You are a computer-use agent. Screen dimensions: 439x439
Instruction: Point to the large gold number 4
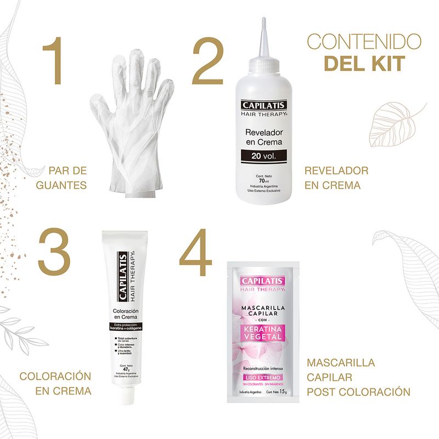(196, 254)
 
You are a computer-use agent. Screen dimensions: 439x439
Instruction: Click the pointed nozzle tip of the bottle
(264, 22)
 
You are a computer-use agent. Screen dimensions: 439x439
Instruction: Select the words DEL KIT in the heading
(364, 63)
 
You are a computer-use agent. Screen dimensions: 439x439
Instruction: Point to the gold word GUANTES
(61, 185)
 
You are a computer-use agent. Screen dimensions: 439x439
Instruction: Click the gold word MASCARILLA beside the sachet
(341, 363)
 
